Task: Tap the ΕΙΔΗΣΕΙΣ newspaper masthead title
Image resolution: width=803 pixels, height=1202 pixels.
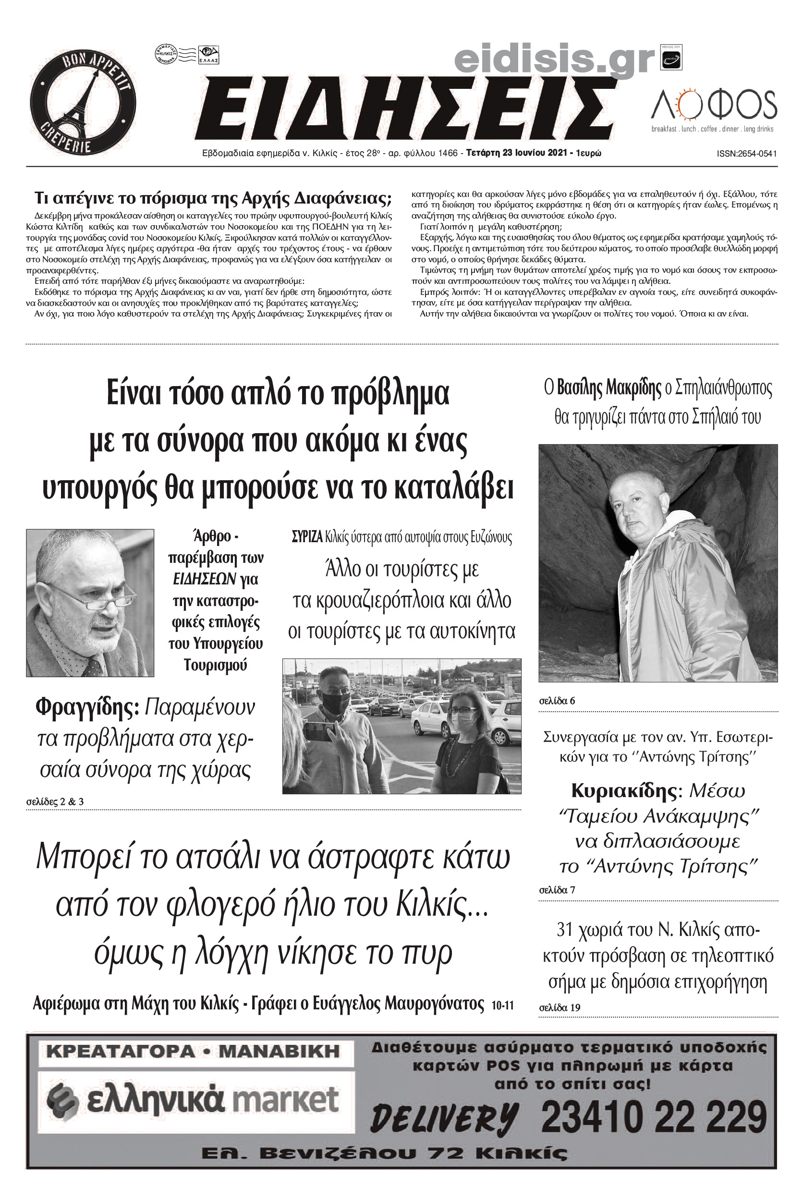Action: pos(404,109)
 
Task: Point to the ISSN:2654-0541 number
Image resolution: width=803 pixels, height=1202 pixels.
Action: pos(747,154)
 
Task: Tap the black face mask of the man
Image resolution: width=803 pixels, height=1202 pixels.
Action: pos(335,703)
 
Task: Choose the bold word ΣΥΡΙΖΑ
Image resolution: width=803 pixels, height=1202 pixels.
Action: pos(307,537)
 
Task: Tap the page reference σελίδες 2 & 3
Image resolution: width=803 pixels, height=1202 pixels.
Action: pos(55,801)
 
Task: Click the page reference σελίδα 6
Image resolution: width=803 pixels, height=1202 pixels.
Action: pos(557,701)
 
